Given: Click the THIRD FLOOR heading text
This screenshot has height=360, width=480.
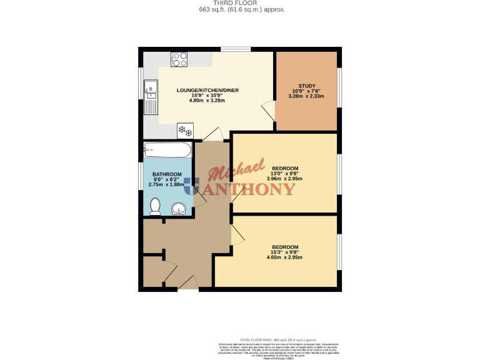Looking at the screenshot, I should (240, 2).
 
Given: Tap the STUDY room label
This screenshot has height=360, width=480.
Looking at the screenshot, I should (306, 86).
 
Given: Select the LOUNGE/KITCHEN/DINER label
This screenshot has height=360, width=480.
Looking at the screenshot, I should (207, 90).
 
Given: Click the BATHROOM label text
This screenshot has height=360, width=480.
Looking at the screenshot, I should (167, 174).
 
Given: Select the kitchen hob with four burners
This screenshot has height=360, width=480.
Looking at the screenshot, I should (180, 59).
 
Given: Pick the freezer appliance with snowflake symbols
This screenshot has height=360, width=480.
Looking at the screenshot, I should (186, 130).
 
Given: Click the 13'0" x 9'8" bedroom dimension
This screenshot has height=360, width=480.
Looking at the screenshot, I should (284, 174).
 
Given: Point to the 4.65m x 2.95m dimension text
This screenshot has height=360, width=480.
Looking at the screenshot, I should (284, 257).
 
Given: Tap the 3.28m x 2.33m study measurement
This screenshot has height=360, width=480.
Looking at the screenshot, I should (306, 96).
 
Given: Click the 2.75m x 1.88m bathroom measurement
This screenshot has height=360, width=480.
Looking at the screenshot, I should (167, 184).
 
